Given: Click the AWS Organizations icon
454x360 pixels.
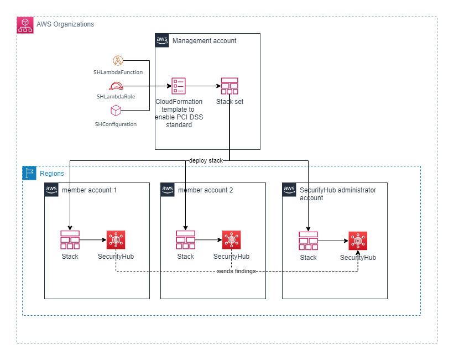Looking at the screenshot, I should click(x=25, y=25).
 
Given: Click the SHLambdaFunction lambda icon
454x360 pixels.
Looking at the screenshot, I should click(x=118, y=60).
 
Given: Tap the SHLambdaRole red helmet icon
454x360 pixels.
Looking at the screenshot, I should click(x=116, y=86).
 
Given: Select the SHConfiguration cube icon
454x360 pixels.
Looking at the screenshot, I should click(x=116, y=111).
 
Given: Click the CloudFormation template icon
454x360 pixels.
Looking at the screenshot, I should click(x=179, y=86).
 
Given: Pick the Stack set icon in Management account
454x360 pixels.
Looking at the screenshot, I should click(x=229, y=86).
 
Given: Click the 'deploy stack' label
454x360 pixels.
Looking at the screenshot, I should click(x=206, y=160).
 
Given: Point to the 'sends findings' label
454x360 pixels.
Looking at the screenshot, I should click(x=236, y=272).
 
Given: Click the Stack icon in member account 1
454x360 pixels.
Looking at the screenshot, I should click(x=70, y=240).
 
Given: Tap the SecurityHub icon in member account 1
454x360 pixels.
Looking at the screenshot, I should click(x=116, y=240).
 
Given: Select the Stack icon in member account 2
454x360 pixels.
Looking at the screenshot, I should click(x=185, y=240).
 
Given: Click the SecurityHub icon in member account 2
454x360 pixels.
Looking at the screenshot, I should click(x=231, y=240).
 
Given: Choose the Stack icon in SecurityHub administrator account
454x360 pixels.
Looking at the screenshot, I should click(x=308, y=241).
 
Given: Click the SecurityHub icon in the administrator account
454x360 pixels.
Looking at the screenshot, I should click(x=358, y=241).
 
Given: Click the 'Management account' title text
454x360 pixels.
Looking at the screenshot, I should click(x=204, y=41).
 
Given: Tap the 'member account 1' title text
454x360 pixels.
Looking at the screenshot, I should click(x=89, y=190).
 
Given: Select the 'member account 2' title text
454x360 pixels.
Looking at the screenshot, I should click(x=205, y=190).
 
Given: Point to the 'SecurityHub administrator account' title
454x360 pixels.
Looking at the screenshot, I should click(x=337, y=194).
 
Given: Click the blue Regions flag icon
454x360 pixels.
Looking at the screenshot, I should click(x=29, y=173).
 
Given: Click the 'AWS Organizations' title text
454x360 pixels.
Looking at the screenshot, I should click(x=65, y=24).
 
